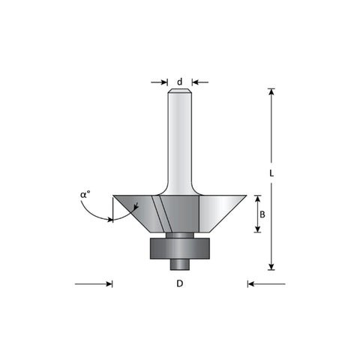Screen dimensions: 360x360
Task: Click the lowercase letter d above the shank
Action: [180, 82]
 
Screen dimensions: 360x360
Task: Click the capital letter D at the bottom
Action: [180, 283]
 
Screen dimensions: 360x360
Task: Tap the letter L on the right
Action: [271, 173]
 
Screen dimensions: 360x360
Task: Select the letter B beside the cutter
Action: [262, 214]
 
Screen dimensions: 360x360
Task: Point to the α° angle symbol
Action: [85, 194]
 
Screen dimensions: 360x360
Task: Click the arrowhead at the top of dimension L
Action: [271, 91]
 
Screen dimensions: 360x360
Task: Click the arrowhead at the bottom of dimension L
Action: [271, 267]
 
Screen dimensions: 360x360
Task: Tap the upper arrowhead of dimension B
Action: [257, 199]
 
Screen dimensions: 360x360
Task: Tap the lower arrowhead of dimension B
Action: [257, 229]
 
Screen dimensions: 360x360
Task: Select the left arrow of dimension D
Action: [94, 284]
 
